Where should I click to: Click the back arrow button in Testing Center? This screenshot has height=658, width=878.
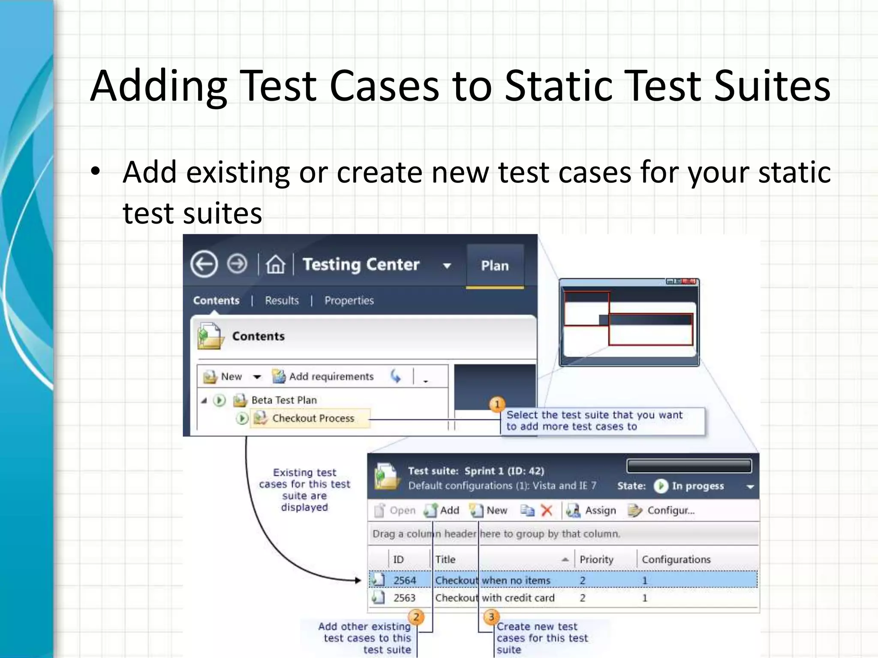[x=204, y=264]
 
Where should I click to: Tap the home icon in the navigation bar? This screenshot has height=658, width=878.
[x=275, y=264]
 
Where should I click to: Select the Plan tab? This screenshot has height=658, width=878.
[x=495, y=266]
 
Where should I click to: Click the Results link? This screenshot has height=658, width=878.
[x=282, y=301]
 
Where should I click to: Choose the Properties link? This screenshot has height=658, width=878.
[x=349, y=301]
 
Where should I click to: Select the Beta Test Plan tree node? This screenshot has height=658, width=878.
[x=284, y=400]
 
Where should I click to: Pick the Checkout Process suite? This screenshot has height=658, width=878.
[x=313, y=418]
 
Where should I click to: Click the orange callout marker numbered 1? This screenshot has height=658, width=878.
[x=497, y=404]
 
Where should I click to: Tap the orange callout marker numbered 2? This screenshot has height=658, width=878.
[x=416, y=617]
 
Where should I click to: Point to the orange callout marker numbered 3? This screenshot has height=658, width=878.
[x=491, y=617]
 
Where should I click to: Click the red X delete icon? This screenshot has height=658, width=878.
[x=547, y=510]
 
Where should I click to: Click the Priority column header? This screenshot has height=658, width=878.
[x=596, y=559]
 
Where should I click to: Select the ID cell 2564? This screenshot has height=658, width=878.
[x=405, y=580]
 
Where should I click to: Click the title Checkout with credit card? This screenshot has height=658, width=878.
[x=495, y=598]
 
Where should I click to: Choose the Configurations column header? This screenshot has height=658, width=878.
[x=676, y=559]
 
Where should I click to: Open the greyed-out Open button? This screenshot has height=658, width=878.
[x=395, y=510]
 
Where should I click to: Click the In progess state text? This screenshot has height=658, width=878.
[x=698, y=486]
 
